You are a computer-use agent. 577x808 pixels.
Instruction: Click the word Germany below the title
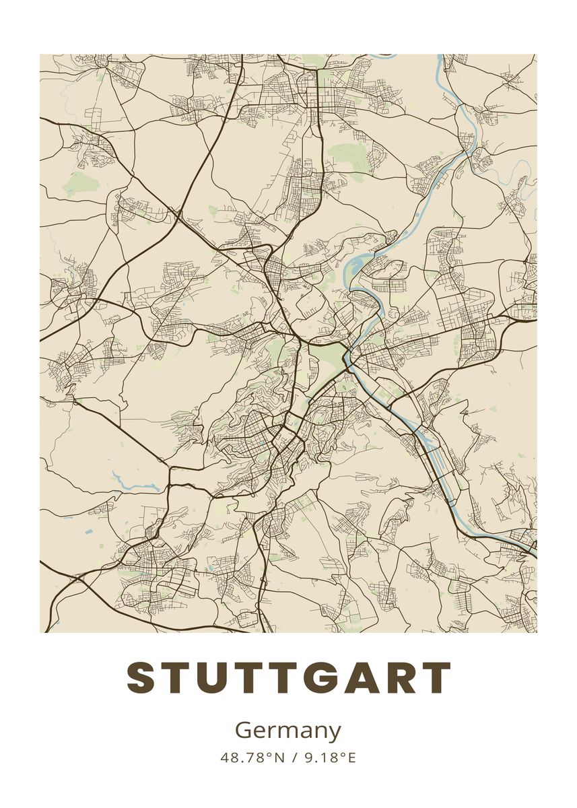click(x=288, y=731)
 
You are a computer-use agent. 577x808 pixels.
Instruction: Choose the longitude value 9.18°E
click(x=329, y=757)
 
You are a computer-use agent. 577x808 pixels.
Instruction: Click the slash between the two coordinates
click(x=294, y=757)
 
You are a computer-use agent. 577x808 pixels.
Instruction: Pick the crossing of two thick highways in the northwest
click(x=178, y=215)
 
